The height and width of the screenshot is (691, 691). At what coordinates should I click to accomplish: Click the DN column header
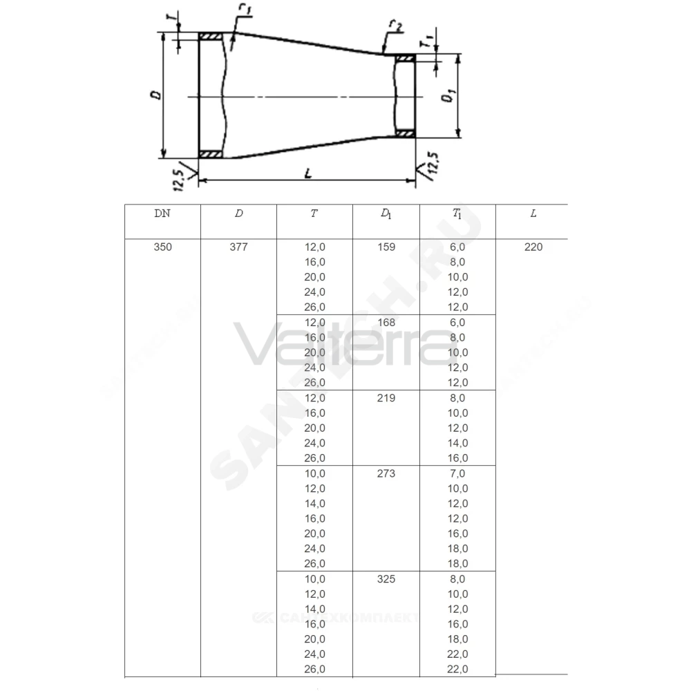pos(162,214)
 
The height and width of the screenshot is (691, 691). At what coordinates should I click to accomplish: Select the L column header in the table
pos(533,214)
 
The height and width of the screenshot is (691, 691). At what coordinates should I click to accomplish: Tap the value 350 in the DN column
pos(162,247)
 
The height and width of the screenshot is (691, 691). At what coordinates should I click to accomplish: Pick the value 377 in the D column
pos(238,247)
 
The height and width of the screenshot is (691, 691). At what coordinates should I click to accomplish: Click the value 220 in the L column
pos(533,247)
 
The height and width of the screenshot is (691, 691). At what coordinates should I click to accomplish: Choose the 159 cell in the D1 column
pos(386,247)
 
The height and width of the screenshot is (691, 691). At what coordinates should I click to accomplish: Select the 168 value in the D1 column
pos(386,323)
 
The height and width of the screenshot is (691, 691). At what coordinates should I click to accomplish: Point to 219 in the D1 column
pos(386,398)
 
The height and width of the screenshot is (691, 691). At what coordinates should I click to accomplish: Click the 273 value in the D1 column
pos(386,473)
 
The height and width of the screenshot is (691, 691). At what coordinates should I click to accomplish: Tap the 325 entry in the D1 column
pos(386,579)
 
